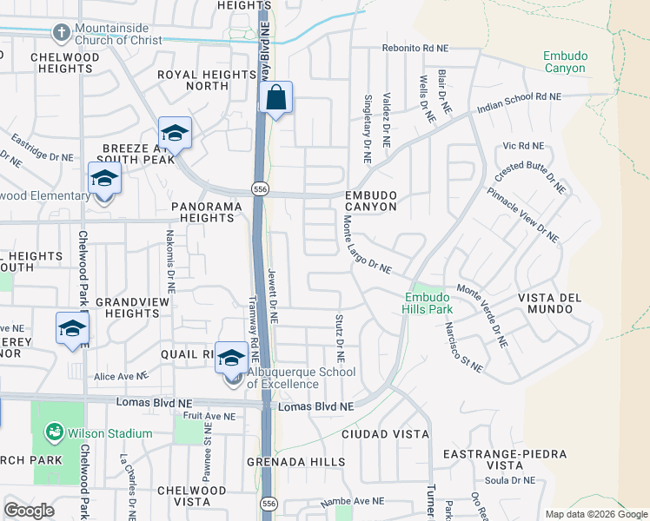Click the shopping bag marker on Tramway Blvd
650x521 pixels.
point(275,100)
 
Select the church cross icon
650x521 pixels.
point(61,33)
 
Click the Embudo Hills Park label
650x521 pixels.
point(428,302)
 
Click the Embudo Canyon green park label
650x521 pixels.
point(565,62)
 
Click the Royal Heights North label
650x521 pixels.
point(206,81)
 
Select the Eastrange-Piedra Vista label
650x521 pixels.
point(504,459)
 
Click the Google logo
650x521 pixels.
point(29,511)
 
